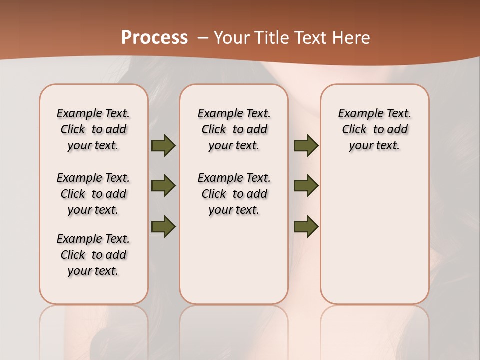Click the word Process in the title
[154, 38]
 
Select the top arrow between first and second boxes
[163, 146]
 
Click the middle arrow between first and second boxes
[163, 186]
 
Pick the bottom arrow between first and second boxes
[163, 226]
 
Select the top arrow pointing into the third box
[306, 146]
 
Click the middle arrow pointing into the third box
[306, 186]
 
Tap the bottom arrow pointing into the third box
[306, 226]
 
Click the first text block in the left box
[93, 129]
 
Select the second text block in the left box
[93, 194]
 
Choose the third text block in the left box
[93, 255]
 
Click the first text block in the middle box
[234, 129]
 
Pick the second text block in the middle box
[234, 194]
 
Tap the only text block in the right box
[374, 129]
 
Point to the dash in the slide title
[203, 38]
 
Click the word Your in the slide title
[232, 38]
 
